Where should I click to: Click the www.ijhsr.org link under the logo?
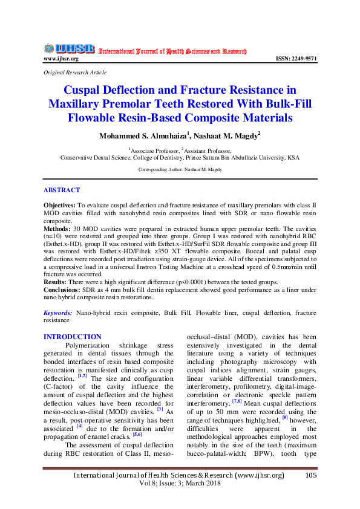(61, 59)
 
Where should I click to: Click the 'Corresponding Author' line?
(180, 170)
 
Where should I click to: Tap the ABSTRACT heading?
(62, 189)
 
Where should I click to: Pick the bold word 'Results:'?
(57, 282)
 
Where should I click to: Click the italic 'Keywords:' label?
(59, 313)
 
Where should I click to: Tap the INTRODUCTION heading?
(73, 337)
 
